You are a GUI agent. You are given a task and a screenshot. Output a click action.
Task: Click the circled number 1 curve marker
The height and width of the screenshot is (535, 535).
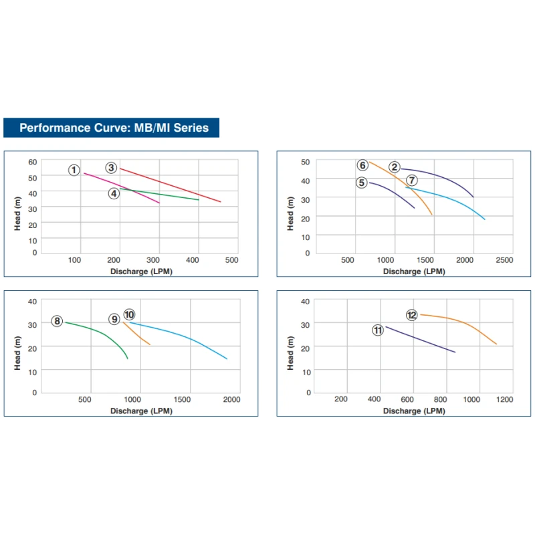click(x=74, y=170)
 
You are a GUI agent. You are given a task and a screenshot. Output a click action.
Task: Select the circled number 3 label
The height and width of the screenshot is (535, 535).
click(x=111, y=168)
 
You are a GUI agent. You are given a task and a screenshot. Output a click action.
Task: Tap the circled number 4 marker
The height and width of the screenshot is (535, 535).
click(x=114, y=193)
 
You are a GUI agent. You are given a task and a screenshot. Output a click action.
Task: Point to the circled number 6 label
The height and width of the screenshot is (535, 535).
click(x=362, y=165)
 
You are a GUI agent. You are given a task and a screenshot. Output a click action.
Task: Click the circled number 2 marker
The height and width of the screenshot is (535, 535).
click(x=395, y=167)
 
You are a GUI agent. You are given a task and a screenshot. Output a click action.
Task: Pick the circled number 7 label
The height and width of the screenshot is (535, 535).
click(x=412, y=181)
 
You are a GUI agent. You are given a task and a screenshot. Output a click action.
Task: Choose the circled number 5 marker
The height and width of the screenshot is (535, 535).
click(x=362, y=182)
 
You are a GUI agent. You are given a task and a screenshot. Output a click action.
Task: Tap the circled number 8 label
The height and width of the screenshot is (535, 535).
click(x=58, y=321)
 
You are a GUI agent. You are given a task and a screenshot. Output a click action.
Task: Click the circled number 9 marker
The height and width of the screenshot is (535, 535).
click(x=115, y=320)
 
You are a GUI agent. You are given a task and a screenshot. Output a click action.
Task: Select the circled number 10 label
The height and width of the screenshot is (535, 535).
click(x=129, y=314)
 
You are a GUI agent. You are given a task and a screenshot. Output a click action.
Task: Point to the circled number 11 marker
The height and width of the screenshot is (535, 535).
click(x=378, y=330)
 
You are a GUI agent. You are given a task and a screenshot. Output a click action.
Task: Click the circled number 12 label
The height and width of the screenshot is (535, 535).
click(x=412, y=314)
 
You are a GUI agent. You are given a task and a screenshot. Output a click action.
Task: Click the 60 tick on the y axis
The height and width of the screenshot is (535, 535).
click(x=32, y=162)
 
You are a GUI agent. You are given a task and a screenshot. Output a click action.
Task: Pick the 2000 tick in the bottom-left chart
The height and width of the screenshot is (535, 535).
click(x=231, y=399)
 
